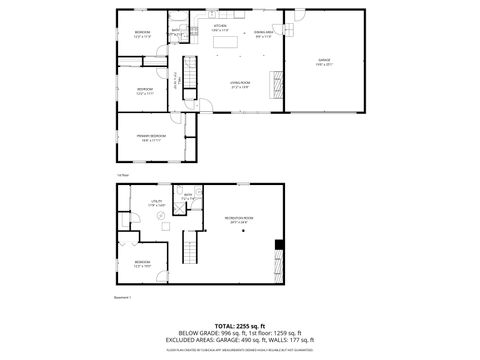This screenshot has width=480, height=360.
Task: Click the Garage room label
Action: (x=324, y=61)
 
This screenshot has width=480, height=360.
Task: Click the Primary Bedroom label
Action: (x=151, y=137)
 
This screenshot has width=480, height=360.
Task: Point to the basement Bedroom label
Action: (x=141, y=263)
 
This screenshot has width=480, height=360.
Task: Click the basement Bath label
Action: (x=187, y=198)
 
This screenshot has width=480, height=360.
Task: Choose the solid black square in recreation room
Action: (x=279, y=245)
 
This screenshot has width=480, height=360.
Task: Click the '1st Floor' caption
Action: (x=122, y=174)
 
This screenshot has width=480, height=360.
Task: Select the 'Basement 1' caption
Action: (x=124, y=297)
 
